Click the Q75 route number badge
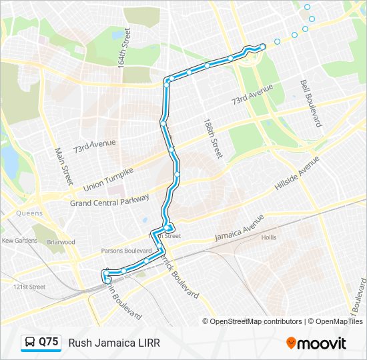pyautogui.click(x=49, y=342)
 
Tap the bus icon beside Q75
pyautogui.click(x=31, y=343)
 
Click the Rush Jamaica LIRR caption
pyautogui.click(x=114, y=343)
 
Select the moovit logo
pyautogui.click(x=316, y=343)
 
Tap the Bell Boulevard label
pyautogui.click(x=311, y=103)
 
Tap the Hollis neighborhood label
pyautogui.click(x=269, y=238)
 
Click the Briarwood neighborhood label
pyautogui.click(x=61, y=242)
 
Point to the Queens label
pyautogui.click(x=30, y=213)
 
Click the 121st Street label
pyautogui.click(x=29, y=287)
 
